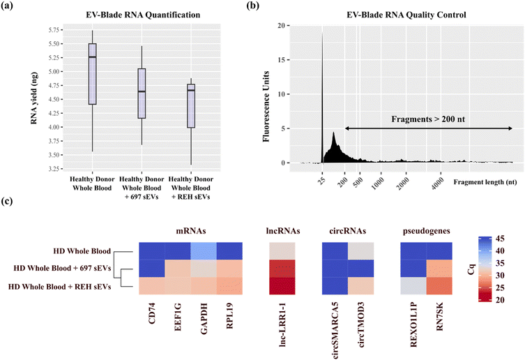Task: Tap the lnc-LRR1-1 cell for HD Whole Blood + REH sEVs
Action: point(282,287)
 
